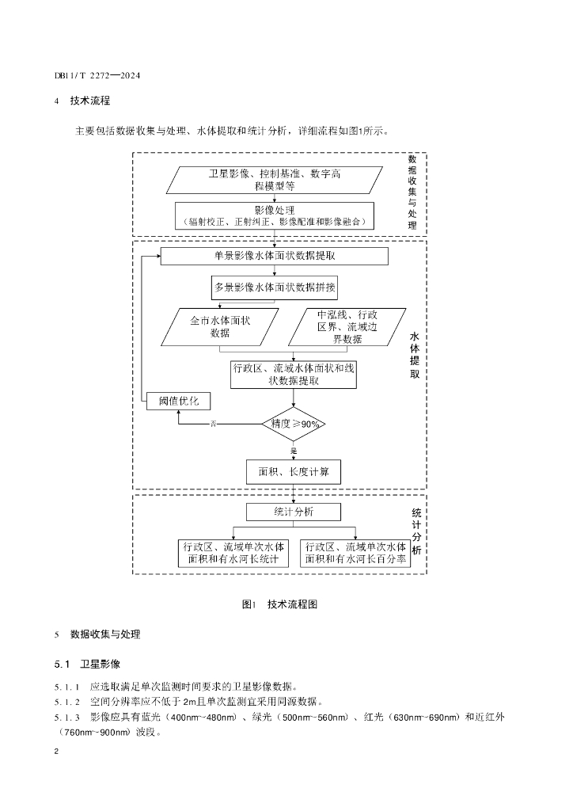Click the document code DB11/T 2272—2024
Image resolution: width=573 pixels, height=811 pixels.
97,75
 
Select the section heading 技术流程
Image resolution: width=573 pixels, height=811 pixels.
90,101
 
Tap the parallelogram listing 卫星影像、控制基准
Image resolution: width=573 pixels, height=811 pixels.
275,180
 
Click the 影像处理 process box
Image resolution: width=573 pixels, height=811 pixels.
275,215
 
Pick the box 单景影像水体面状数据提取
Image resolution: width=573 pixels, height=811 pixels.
275,256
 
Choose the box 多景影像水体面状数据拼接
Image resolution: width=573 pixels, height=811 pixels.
275,287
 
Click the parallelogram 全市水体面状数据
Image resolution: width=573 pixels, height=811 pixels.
219,327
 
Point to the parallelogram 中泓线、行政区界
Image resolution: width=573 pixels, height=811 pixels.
347,327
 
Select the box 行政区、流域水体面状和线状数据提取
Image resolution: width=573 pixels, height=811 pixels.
294,375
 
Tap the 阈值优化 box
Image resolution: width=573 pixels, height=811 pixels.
179,401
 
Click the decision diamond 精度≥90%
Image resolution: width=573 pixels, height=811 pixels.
294,425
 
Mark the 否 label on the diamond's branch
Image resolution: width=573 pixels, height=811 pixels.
214,425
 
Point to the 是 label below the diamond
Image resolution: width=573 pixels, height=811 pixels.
294,451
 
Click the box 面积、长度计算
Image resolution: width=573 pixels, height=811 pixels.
294,472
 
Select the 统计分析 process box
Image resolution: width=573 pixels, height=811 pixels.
294,512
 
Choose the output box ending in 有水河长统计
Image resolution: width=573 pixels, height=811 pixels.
233,553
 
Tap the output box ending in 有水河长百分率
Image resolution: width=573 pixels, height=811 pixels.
355,553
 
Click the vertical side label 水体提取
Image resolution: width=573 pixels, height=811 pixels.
415,355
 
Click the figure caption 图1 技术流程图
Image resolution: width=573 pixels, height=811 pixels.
279,604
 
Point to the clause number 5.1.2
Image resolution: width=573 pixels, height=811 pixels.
67,702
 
